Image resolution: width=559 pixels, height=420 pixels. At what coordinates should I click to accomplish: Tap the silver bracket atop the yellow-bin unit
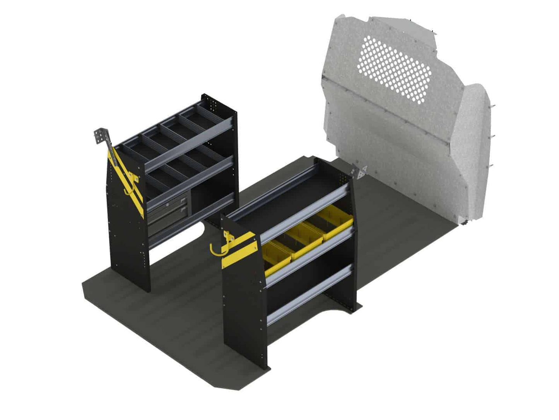pyautogui.click(x=358, y=172)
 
